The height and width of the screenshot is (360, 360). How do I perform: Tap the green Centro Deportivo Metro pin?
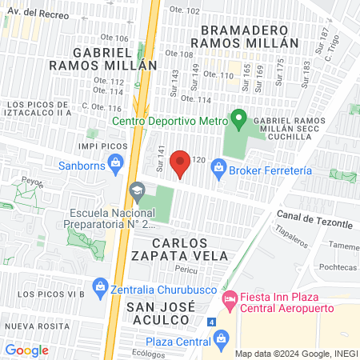(x=238, y=120)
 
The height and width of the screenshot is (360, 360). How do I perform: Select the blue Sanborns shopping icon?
(x=116, y=166)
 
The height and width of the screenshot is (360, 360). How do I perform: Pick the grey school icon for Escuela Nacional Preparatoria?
(x=136, y=191)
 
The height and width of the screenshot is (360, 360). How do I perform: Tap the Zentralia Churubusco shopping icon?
(x=100, y=286)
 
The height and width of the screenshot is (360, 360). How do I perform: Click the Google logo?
(x=26, y=350)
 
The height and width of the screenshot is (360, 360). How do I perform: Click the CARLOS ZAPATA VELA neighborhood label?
(x=190, y=249)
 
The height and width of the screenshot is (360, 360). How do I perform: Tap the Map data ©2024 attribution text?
(x=295, y=353)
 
